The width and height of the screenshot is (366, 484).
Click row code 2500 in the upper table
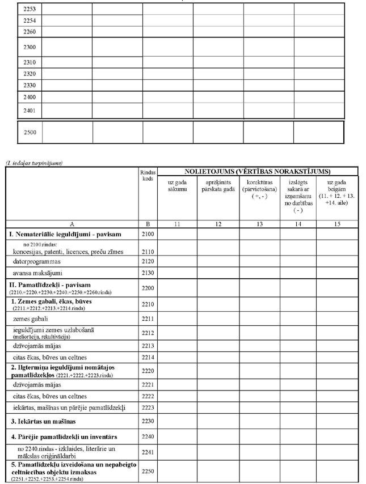30,133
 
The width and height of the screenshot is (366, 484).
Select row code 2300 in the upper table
30,47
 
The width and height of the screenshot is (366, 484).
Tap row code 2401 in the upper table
30,111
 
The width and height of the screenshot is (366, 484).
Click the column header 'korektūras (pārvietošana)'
259,187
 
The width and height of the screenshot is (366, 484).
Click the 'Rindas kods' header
147,175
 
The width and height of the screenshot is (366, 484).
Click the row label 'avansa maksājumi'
38,274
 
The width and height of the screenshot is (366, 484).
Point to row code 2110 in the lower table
147,251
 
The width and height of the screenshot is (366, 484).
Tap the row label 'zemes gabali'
32,319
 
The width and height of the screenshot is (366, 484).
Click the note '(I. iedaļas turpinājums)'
33,163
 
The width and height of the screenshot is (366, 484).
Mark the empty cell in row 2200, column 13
259,288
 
